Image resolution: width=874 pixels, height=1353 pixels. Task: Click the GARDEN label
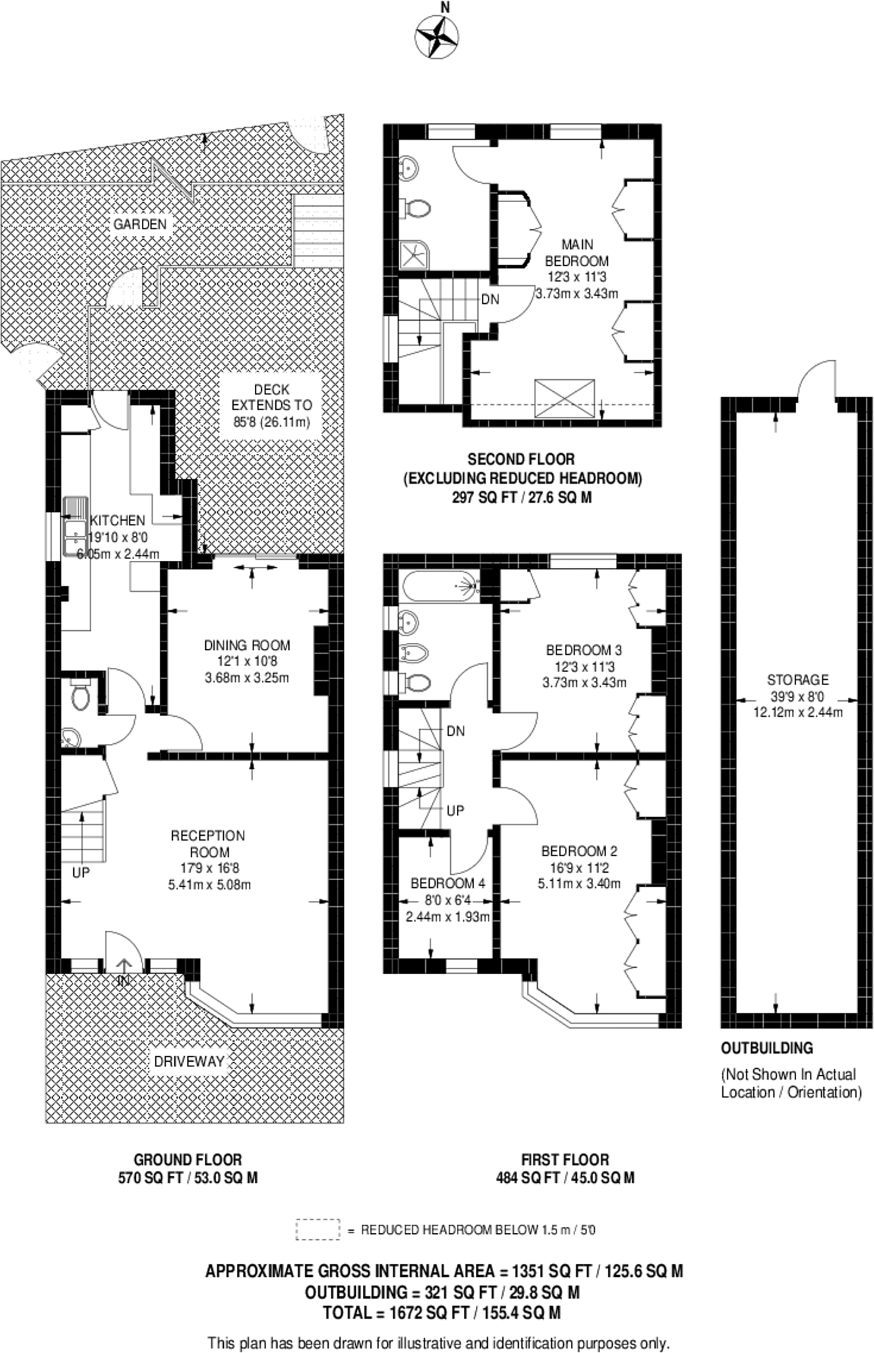pos(140,225)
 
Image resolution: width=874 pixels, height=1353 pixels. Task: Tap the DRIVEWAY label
pos(189,1062)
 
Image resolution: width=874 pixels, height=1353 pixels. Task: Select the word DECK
pos(271,390)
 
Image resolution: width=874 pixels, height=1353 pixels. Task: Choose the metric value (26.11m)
pos(285,421)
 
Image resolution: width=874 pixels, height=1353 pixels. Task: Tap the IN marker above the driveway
pos(123,982)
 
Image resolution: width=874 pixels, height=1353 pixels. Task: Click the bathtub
pos(439,586)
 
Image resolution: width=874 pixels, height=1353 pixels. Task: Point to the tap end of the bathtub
pos(470,586)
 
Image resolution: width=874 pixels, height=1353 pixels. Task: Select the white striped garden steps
pos(318,231)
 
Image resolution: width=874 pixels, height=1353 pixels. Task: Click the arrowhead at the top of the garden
pos(205,138)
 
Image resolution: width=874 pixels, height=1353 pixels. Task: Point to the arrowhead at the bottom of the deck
pos(205,548)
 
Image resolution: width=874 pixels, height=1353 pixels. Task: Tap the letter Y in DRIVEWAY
pos(220,1062)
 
